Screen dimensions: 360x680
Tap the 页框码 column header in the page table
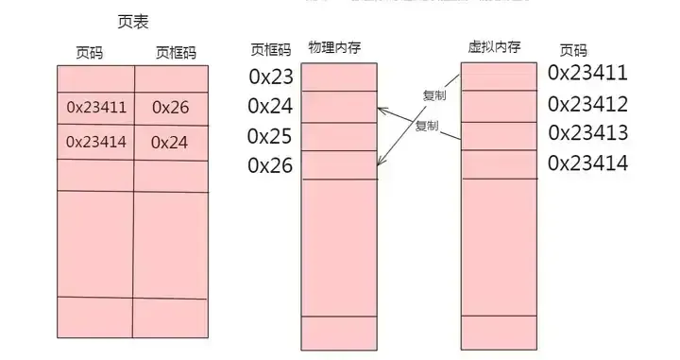click(x=177, y=52)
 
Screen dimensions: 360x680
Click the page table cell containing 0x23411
click(x=95, y=108)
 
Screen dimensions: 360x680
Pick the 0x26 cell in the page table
click(x=170, y=108)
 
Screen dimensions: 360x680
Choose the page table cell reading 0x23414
click(x=95, y=143)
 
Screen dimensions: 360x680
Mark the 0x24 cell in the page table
click(x=170, y=143)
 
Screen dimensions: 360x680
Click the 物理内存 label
click(x=334, y=46)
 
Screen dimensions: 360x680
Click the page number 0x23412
click(x=587, y=102)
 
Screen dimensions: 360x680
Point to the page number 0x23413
click(x=587, y=132)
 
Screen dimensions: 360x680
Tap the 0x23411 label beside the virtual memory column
click(x=587, y=73)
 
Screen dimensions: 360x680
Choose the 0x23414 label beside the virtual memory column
click(x=587, y=163)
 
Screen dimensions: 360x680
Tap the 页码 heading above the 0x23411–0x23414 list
click(x=573, y=50)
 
